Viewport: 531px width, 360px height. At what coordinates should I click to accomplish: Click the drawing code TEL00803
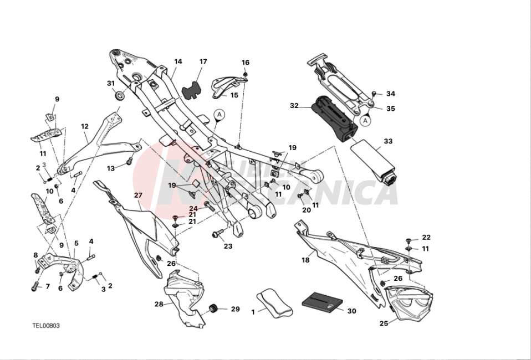click(x=46, y=326)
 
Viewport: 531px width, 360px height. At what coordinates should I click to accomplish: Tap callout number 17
click(x=203, y=61)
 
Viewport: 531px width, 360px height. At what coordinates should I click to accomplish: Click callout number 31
click(x=111, y=84)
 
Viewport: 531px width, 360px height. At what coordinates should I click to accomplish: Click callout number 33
click(x=388, y=141)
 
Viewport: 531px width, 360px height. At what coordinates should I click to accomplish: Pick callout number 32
click(x=294, y=105)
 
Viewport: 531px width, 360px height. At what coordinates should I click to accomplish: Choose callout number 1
click(x=253, y=312)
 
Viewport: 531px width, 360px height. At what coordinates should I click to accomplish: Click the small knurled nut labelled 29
click(x=212, y=308)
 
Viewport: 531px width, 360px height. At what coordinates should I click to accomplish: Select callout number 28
click(x=159, y=304)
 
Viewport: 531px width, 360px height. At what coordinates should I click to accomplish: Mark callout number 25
click(x=384, y=323)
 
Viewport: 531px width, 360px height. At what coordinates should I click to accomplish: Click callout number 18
click(x=305, y=260)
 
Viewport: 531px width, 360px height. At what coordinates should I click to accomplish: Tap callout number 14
click(x=178, y=61)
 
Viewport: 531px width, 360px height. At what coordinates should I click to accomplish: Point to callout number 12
click(x=84, y=126)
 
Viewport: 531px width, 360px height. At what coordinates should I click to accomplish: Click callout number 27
click(x=138, y=195)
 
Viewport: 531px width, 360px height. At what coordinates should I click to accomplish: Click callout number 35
click(x=391, y=109)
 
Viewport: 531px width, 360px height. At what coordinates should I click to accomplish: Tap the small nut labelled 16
click(x=246, y=73)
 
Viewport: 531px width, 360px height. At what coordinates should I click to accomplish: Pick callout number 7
click(x=48, y=287)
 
